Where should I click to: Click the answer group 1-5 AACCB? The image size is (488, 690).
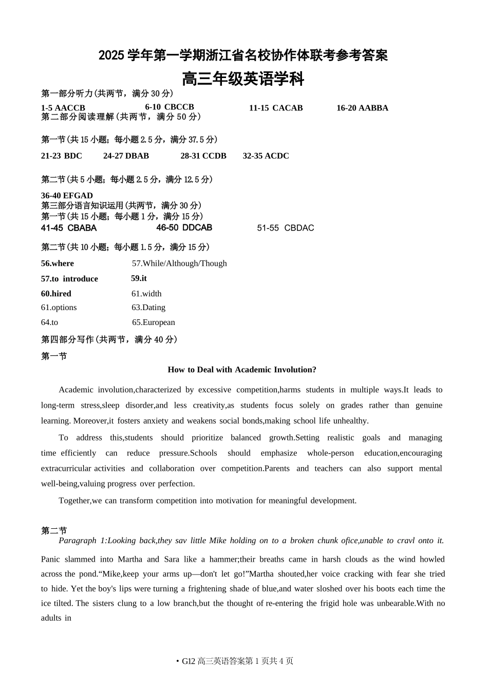[63, 108]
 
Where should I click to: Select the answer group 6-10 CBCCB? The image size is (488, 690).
[170, 107]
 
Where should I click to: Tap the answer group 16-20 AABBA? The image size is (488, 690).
[362, 108]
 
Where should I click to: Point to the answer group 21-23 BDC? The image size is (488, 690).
[62, 156]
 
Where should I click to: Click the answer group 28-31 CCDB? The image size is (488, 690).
[203, 156]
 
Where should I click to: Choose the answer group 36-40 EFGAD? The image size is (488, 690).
[67, 196]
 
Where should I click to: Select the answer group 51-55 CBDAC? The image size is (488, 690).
[285, 228]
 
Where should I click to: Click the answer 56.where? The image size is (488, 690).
[58, 263]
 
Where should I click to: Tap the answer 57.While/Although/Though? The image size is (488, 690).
[179, 263]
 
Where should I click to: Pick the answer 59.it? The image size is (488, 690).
[139, 278]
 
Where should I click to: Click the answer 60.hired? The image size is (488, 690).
[56, 294]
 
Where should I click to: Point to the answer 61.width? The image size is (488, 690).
[146, 294]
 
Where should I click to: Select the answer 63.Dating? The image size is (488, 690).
[148, 308]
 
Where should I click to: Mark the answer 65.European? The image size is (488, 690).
[154, 322]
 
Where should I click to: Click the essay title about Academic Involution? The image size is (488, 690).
[242, 370]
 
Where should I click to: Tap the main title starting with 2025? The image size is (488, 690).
[243, 55]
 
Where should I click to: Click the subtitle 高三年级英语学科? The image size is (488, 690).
[243, 80]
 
